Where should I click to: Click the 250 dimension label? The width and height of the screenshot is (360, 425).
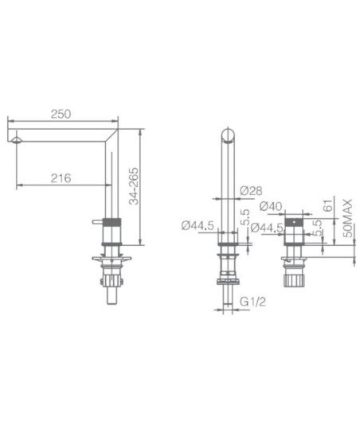coord(61,114)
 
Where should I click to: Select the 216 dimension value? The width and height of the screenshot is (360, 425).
coord(61,178)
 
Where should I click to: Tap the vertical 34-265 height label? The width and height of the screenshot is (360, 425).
coord(134,186)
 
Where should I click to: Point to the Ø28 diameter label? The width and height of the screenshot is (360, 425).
coord(251,191)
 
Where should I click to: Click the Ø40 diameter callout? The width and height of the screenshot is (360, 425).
coord(271,207)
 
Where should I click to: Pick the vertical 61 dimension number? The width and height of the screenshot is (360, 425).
coord(327,205)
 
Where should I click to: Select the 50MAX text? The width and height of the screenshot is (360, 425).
coord(348,218)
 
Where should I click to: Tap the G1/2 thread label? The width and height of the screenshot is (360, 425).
coord(252,302)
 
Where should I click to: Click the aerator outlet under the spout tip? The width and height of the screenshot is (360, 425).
coord(17,139)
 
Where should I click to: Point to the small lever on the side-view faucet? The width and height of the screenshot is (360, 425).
coord(97,222)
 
